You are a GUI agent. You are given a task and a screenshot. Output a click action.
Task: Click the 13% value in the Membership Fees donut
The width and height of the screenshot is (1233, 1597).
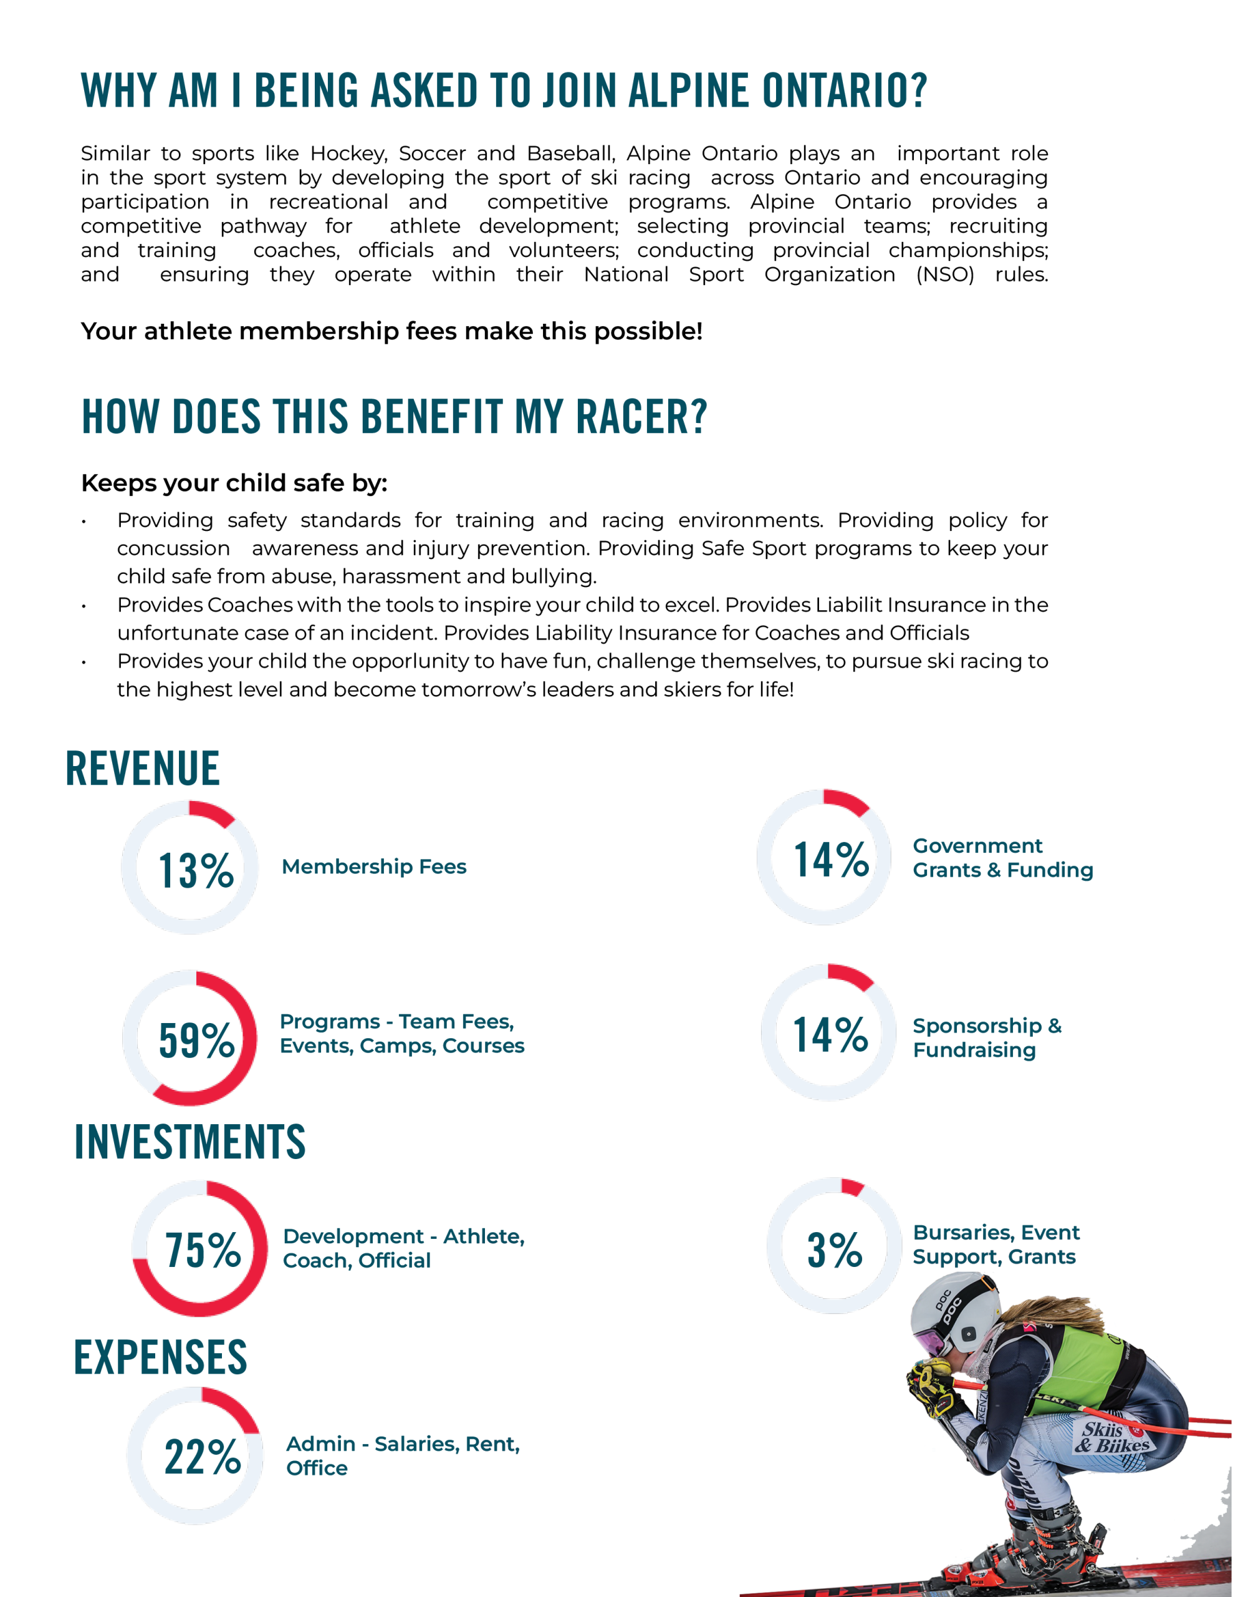[x=196, y=870]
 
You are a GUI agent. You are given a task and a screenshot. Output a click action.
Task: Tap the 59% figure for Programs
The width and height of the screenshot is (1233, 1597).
[x=196, y=1040]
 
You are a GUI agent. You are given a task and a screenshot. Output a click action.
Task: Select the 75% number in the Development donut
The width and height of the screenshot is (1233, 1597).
[x=203, y=1250]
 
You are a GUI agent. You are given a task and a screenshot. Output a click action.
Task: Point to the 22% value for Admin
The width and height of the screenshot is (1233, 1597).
[x=203, y=1456]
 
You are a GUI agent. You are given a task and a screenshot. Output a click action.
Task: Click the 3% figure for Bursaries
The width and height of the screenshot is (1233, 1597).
[x=834, y=1250]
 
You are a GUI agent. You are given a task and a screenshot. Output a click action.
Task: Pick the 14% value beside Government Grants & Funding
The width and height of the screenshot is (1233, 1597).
[x=831, y=858]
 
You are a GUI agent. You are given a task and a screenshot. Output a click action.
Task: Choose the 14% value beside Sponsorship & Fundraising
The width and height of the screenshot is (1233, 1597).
[x=830, y=1035]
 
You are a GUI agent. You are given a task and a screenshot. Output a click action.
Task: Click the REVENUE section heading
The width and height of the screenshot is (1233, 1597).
[x=143, y=769]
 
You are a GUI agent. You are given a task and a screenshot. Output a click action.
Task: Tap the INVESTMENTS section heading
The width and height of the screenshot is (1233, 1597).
[x=190, y=1142]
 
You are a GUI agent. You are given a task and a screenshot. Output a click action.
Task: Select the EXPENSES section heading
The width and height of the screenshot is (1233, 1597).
[x=161, y=1357]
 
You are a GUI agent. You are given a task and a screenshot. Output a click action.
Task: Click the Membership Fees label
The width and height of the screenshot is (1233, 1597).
[x=373, y=866]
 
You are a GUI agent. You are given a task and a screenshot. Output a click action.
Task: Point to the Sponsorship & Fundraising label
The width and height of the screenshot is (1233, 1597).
[x=987, y=1037]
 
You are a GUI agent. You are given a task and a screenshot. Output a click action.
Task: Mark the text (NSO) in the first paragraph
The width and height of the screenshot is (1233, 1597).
[x=944, y=275]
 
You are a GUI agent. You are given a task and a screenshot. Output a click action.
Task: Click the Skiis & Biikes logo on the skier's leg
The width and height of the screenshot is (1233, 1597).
[x=1111, y=1437]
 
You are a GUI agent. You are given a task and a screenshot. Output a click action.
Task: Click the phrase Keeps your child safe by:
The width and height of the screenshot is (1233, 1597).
[x=234, y=483]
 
